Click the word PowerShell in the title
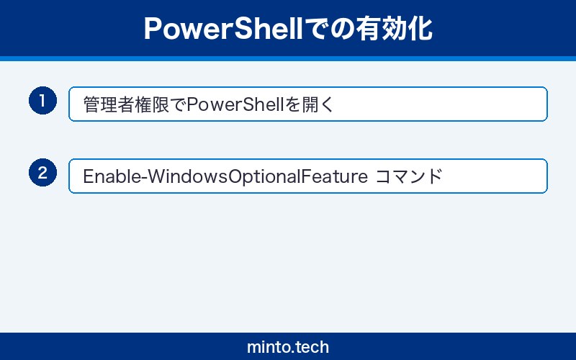coord(213,29)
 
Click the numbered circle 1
coord(42,101)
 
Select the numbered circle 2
coord(42,173)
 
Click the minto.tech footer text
coord(288,347)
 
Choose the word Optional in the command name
coord(270,176)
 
